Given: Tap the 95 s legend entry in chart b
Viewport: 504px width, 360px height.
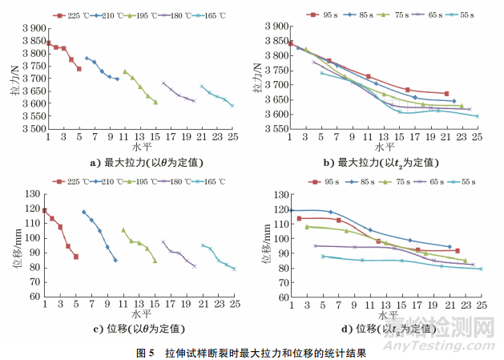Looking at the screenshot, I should click(321, 14).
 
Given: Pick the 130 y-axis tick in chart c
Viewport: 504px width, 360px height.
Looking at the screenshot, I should click(33, 194).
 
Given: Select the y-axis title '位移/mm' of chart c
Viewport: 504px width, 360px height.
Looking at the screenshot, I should click(12, 245).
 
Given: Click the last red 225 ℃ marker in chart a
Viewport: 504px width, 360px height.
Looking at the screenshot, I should click(79, 69).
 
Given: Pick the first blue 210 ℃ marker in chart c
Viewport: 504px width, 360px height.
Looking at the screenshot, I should click(84, 212).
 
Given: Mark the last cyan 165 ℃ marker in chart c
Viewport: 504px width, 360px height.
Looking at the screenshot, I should click(233, 269).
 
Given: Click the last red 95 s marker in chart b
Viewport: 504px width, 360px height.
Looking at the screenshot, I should click(446, 94).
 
